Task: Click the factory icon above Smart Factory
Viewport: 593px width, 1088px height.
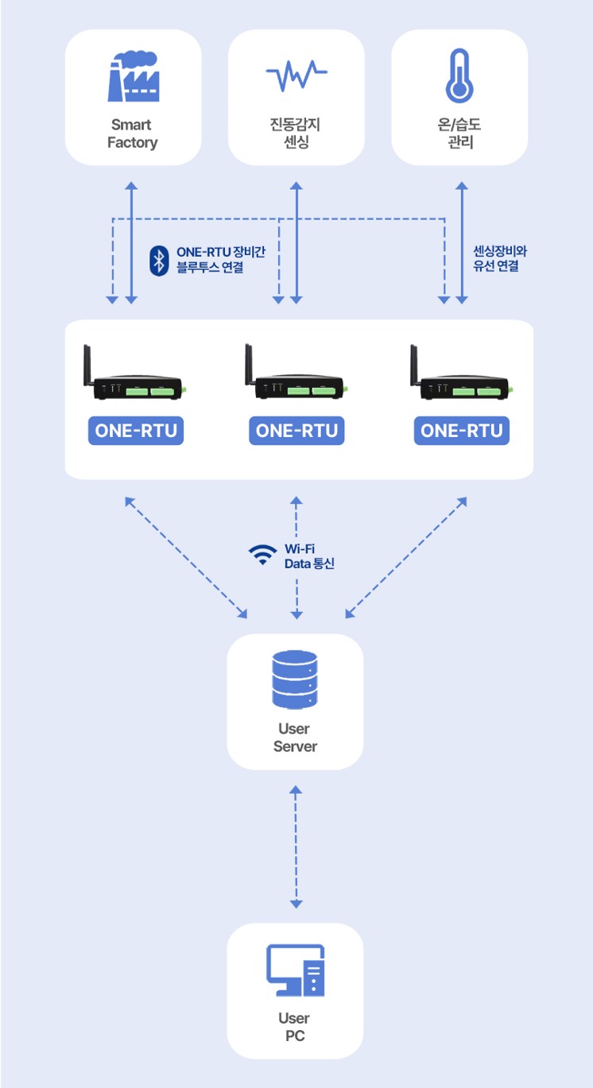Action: click(133, 77)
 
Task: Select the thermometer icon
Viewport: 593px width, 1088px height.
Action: click(459, 76)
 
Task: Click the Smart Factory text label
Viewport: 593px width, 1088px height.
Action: click(133, 134)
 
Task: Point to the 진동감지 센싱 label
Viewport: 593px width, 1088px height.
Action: click(296, 134)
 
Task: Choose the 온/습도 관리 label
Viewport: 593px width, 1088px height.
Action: click(459, 134)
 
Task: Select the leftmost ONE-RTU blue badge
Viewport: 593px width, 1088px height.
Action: click(136, 431)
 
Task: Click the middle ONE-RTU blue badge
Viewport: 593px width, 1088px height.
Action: click(297, 431)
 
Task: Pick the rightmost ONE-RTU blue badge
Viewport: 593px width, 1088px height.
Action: click(462, 431)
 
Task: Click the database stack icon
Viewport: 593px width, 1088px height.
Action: click(295, 680)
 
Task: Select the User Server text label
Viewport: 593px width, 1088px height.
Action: click(295, 738)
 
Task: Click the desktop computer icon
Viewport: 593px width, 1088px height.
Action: click(295, 970)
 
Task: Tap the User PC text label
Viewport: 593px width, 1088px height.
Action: click(295, 1027)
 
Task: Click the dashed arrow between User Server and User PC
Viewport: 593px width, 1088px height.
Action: click(296, 846)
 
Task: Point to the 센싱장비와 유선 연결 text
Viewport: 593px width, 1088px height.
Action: click(500, 259)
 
